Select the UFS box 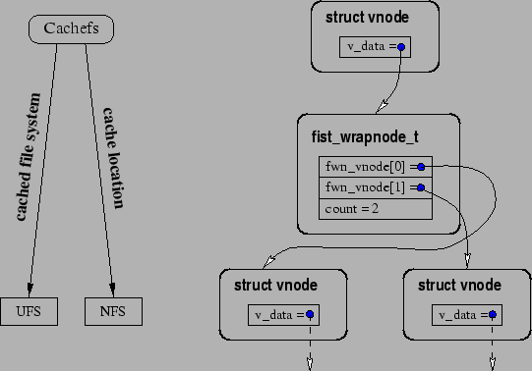click(29, 311)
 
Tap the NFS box click(113, 311)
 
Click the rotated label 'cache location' click(113, 157)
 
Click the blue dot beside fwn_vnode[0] click(421, 167)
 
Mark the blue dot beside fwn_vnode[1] click(421, 187)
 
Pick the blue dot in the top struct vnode click(401, 46)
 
